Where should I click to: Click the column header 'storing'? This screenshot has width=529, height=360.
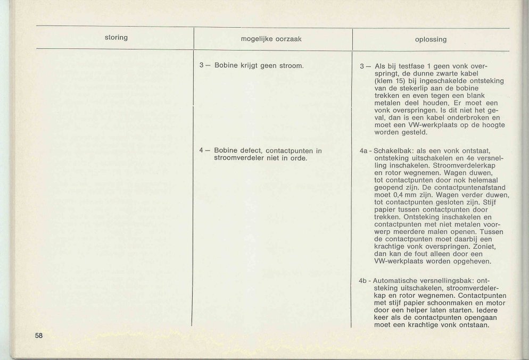117,37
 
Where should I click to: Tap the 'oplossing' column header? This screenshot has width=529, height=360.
431,39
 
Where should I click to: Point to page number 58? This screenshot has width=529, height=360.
39,336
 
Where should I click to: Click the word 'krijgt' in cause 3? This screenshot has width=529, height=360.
251,66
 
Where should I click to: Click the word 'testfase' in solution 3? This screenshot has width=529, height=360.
414,66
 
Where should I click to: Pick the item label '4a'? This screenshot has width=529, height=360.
365,151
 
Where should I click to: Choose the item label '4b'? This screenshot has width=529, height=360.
365,281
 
